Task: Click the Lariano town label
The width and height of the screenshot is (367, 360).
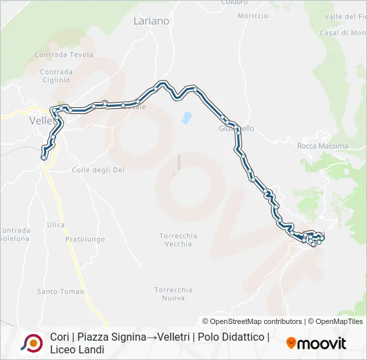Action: [x=151, y=21]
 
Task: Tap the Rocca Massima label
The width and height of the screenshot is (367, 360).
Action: [x=322, y=146]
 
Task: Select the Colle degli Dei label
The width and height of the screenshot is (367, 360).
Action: [x=98, y=170]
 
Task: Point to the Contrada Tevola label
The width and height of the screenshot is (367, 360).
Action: [x=63, y=55]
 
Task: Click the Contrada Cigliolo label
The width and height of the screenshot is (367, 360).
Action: [x=55, y=75]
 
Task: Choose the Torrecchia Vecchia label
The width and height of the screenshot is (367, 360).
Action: [x=178, y=239]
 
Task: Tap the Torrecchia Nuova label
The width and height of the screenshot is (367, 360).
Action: [x=173, y=294]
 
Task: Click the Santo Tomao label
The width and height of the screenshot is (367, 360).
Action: [x=61, y=291]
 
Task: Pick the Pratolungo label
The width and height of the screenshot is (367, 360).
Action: [x=85, y=239]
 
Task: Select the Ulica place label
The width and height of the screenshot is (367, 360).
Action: [x=55, y=225]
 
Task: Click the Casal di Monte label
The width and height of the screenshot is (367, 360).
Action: [x=342, y=33]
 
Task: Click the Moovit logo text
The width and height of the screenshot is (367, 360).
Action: [x=322, y=343]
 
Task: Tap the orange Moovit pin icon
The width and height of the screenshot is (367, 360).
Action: [x=291, y=343]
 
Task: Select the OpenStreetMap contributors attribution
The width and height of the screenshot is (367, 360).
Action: [x=252, y=321]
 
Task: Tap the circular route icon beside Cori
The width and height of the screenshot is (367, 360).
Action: [x=31, y=343]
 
